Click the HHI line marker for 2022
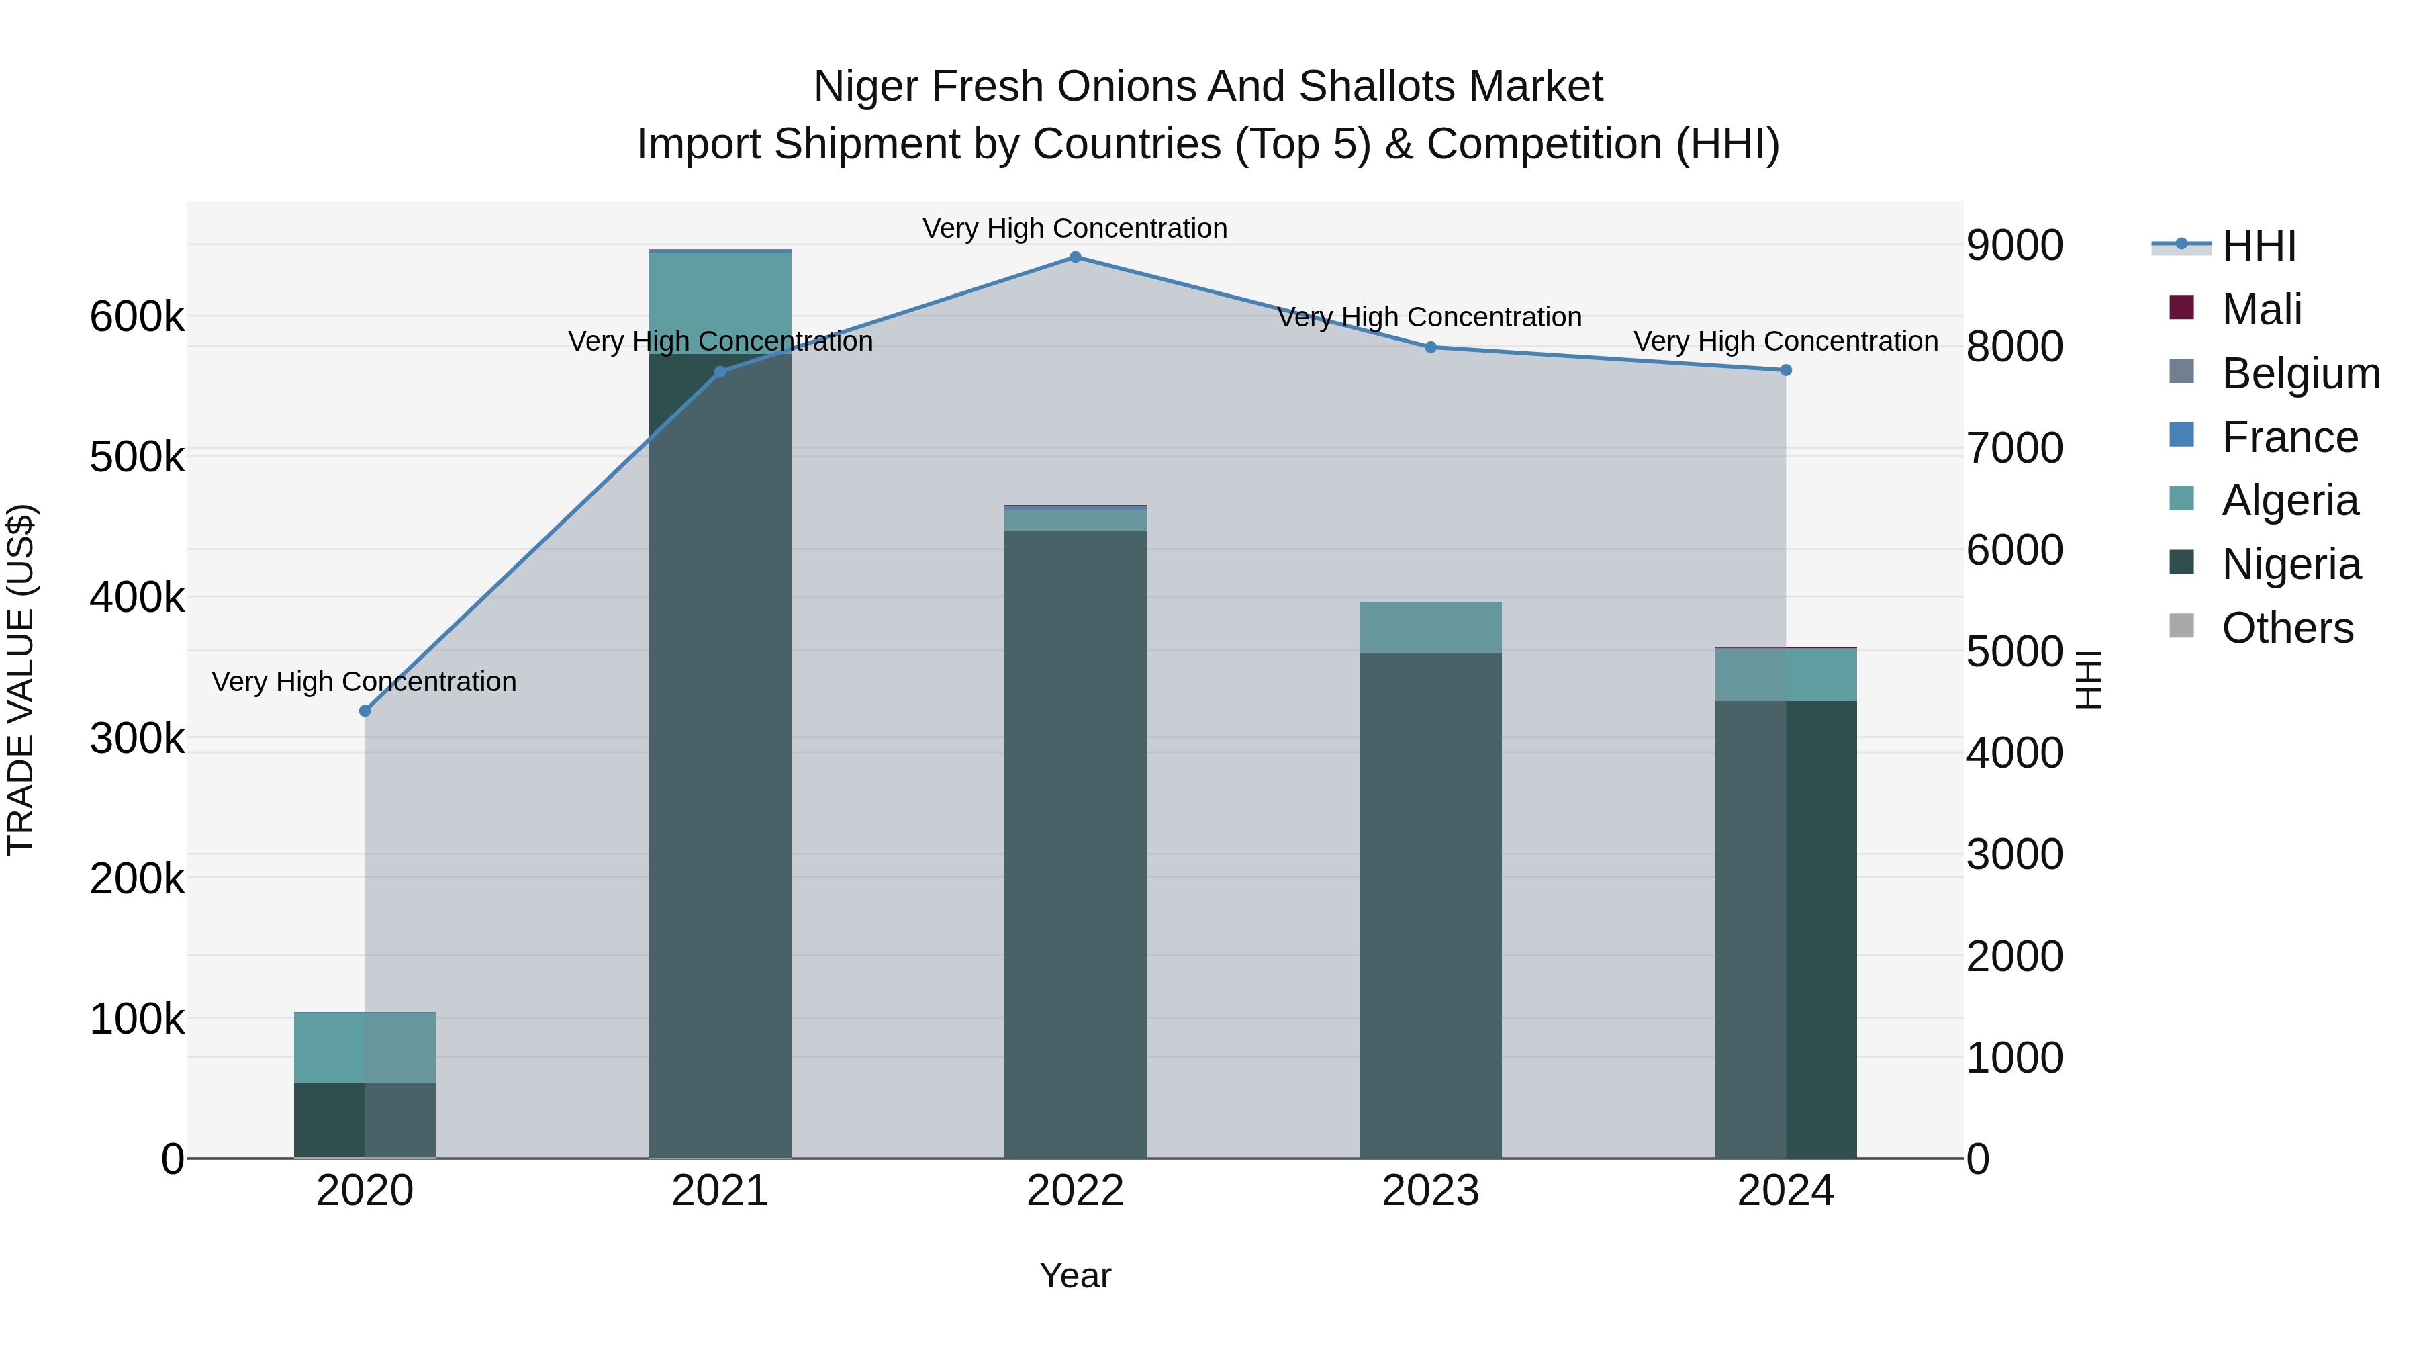click(x=1076, y=257)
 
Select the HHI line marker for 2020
click(x=365, y=711)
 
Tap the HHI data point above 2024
click(x=1785, y=371)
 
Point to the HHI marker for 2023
click(x=1431, y=347)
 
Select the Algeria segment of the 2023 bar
click(x=1430, y=627)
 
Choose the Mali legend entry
click(x=2261, y=310)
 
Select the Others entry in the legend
click(x=2287, y=628)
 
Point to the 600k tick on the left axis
click(x=137, y=317)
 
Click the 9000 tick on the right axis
click(x=2014, y=246)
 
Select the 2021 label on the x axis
click(x=720, y=1191)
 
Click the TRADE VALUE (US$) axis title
click(x=21, y=680)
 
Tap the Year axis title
click(x=1076, y=1275)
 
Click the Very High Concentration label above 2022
click(x=1076, y=228)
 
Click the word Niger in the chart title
click(x=864, y=87)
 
